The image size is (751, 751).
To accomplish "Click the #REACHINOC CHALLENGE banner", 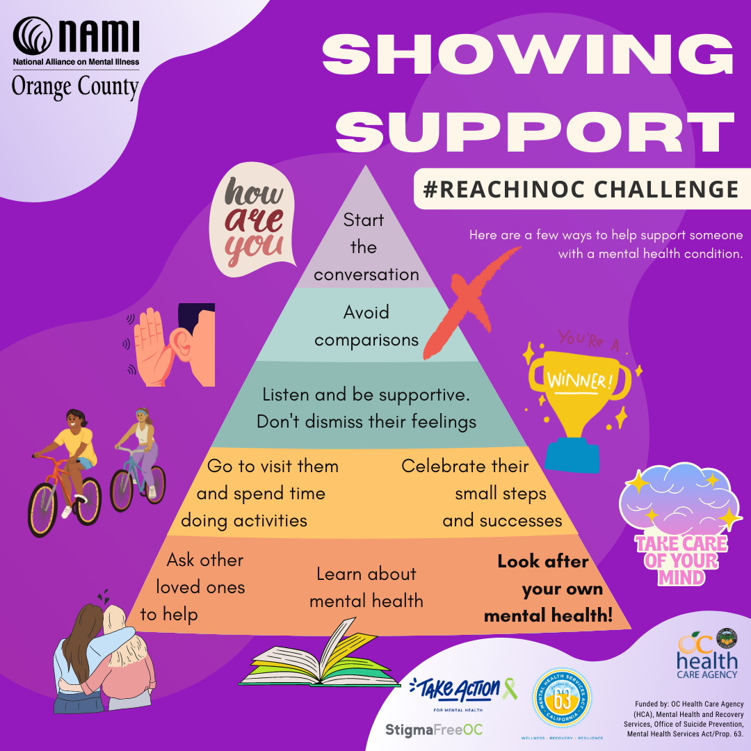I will pyautogui.click(x=577, y=188).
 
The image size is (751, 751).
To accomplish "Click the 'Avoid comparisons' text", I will pyautogui.click(x=366, y=325).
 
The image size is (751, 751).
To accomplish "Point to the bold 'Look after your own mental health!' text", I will pyautogui.click(x=549, y=588).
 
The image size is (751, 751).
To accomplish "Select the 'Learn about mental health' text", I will pyautogui.click(x=366, y=587).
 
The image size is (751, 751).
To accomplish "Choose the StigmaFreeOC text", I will pyautogui.click(x=434, y=729).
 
